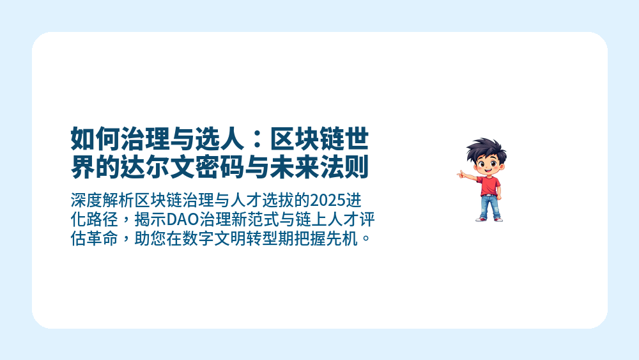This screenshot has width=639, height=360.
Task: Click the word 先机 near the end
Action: pos(346,240)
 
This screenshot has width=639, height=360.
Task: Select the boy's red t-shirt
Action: pos(489,185)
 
